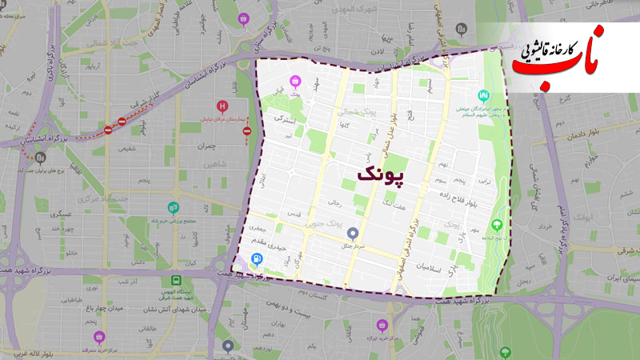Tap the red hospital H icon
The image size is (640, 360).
coord(223,106)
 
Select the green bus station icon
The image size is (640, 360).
coord(174,281)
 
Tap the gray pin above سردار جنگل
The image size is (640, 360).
coord(354,234)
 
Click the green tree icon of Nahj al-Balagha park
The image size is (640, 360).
coord(498,225)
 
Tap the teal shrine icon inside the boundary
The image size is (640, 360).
coord(482,94)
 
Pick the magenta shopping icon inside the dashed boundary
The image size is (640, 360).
coord(295,81)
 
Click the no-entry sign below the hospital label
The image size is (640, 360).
coord(248,130)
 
